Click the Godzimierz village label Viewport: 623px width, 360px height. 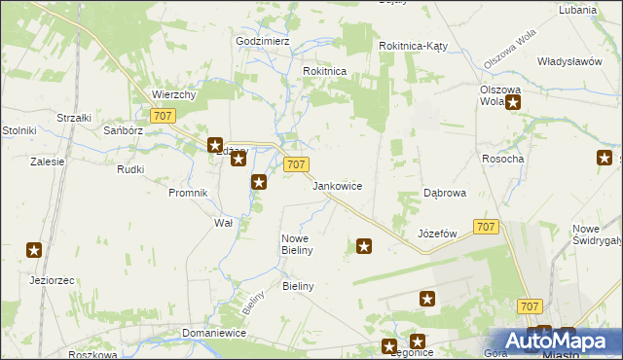pyautogui.click(x=263, y=42)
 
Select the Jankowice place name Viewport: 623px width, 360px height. pyautogui.click(x=338, y=185)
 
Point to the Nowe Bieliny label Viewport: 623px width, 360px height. pyautogui.click(x=296, y=244)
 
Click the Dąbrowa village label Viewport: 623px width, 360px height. pyautogui.click(x=444, y=193)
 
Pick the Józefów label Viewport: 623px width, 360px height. pyautogui.click(x=437, y=234)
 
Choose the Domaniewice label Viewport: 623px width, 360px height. pyautogui.click(x=213, y=333)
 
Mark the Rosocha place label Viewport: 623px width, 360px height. pyautogui.click(x=503, y=159)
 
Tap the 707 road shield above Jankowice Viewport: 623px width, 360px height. pyautogui.click(x=297, y=164)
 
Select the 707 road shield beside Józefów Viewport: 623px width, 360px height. pyautogui.click(x=487, y=227)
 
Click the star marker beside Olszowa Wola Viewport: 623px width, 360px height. pyautogui.click(x=513, y=101)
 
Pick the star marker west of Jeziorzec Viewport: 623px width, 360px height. pyautogui.click(x=34, y=251)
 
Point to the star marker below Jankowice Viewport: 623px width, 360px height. pyautogui.click(x=364, y=247)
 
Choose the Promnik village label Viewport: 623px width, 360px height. pyautogui.click(x=188, y=193)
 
